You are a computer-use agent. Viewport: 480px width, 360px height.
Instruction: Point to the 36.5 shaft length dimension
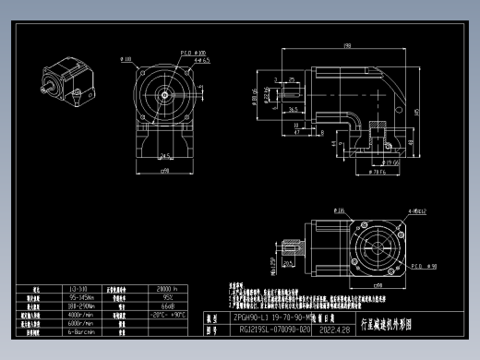293,109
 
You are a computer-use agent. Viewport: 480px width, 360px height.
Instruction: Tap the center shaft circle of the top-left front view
165,93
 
